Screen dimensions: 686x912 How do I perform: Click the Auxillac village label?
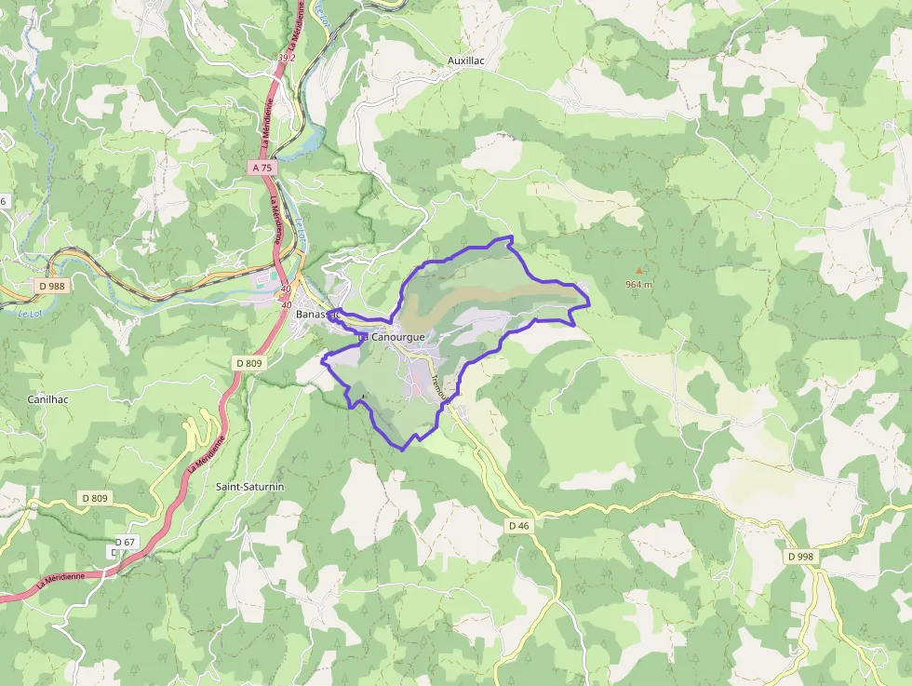point(466,61)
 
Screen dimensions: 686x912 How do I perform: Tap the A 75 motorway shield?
point(262,168)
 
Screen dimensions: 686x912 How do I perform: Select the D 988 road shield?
point(52,286)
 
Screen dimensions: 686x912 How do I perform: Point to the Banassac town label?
point(315,315)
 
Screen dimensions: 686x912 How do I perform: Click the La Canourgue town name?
point(392,336)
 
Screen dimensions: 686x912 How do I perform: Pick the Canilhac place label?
point(48,399)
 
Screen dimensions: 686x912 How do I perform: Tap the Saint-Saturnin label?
point(249,487)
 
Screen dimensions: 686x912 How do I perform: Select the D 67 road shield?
point(126,542)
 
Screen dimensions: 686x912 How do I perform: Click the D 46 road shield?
point(519,526)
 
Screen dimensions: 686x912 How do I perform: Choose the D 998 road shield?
point(799,557)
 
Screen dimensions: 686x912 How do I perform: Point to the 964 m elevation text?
point(638,284)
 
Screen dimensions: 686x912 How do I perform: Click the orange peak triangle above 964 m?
point(638,271)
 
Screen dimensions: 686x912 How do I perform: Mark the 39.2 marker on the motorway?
point(286,58)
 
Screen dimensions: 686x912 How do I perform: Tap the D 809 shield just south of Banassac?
point(249,362)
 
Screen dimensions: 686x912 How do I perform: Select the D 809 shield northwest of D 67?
point(95,499)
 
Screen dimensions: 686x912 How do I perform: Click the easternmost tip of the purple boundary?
point(590,303)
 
